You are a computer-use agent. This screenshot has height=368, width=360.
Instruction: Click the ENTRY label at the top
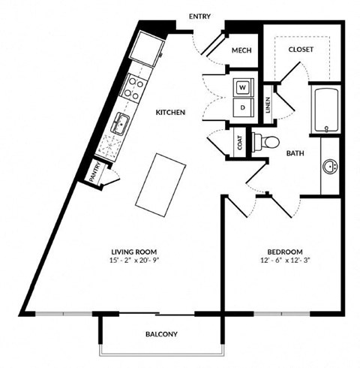click(199, 16)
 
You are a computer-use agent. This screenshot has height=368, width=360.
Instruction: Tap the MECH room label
click(240, 50)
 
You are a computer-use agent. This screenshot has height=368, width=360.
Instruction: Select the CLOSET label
click(301, 50)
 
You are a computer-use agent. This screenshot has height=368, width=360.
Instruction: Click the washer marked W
click(241, 88)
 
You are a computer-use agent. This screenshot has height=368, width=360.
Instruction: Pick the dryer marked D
click(241, 107)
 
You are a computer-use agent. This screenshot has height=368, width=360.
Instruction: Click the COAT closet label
click(239, 143)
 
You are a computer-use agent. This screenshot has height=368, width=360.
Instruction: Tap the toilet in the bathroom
click(267, 140)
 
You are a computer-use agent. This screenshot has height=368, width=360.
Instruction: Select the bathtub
click(325, 110)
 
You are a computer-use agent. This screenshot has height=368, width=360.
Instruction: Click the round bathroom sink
click(328, 164)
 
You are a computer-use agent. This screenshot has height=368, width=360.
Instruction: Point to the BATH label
click(295, 152)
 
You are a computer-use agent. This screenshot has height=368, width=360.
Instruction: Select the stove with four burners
click(133, 89)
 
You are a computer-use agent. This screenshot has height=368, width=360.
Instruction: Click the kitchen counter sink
click(119, 124)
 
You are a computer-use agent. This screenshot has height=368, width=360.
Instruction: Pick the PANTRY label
click(97, 172)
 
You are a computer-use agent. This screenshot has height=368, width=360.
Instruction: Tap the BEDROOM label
click(284, 251)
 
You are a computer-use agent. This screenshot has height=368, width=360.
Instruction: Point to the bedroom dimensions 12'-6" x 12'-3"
click(284, 261)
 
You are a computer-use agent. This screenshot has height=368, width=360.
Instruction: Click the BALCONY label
click(160, 333)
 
